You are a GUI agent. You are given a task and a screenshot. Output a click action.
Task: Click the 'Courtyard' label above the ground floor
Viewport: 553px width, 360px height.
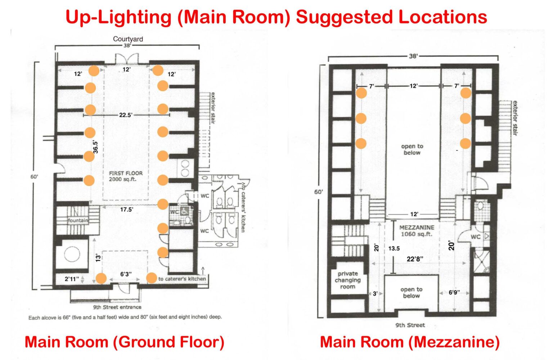pos(128,39)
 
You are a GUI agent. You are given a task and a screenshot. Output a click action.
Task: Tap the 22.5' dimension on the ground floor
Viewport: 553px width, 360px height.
pos(126,115)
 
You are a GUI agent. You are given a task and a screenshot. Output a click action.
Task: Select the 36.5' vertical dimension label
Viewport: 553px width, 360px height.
pos(96,147)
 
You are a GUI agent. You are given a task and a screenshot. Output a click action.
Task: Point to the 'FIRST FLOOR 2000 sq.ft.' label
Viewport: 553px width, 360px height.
pos(126,176)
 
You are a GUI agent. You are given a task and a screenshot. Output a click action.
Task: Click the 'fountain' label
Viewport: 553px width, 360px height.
pos(78,220)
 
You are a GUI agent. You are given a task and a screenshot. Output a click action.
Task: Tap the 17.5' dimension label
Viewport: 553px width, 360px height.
pos(127,210)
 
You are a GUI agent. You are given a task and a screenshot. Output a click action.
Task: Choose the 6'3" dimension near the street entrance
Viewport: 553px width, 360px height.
pos(126,274)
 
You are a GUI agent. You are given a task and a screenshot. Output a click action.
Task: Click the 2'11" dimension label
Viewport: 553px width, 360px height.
pos(72,279)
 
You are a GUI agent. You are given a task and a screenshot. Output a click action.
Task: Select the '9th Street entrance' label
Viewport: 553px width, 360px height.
pos(117,307)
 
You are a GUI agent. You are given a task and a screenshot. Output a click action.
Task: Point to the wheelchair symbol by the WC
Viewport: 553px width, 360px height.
pos(185,211)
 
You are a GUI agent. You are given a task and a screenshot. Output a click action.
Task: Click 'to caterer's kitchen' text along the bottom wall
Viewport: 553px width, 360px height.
pos(182,279)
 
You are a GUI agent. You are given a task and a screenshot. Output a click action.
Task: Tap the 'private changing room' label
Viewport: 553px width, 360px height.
pos(347,280)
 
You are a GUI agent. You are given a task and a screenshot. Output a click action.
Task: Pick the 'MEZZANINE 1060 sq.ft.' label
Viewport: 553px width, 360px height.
pos(417,231)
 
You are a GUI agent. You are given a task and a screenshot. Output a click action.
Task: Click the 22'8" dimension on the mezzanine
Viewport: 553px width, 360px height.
pos(415,259)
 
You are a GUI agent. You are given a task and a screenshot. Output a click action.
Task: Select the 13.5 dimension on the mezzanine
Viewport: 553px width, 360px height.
pos(394,248)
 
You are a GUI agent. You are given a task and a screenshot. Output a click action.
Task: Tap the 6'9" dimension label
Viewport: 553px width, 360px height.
pos(454,293)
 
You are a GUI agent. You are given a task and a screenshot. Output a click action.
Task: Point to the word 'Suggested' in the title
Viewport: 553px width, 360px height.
pos(344,17)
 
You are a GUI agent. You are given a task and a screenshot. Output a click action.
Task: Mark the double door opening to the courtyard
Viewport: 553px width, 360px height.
pos(127,59)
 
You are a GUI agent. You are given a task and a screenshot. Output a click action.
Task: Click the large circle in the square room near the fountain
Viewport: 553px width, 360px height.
pos(72,254)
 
